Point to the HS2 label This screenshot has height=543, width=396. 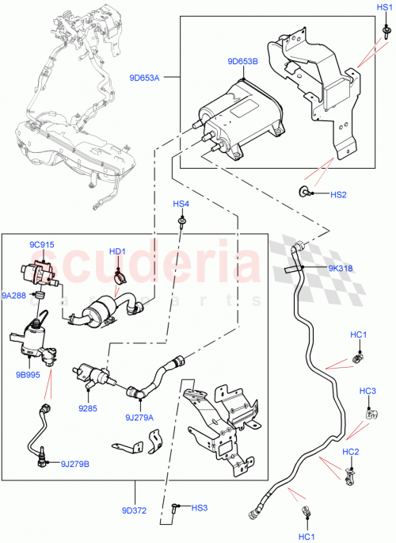338,194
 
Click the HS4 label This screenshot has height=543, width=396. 182,204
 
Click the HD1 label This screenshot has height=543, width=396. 118,252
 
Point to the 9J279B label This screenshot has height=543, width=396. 74,465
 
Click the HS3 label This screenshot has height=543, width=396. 199,507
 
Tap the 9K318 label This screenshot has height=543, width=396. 341,268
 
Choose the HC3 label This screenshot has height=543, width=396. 367,391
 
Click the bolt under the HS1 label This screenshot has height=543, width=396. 384,30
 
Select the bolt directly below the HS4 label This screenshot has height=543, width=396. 183,221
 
